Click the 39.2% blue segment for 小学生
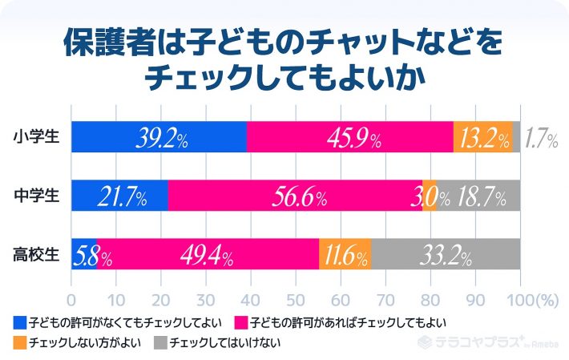pyautogui.click(x=159, y=137)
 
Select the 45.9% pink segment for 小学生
pyautogui.click(x=350, y=137)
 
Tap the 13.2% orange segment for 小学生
pyautogui.click(x=482, y=137)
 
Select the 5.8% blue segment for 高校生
pyautogui.click(x=84, y=254)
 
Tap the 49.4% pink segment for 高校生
pyautogui.click(x=208, y=254)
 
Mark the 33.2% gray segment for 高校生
pyautogui.click(x=446, y=254)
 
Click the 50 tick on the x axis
pyautogui.click(x=296, y=300)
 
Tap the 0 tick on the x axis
pyautogui.click(x=72, y=300)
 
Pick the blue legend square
pyautogui.click(x=20, y=323)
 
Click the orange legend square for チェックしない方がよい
pyautogui.click(x=20, y=342)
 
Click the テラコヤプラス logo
pyautogui.click(x=481, y=340)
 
